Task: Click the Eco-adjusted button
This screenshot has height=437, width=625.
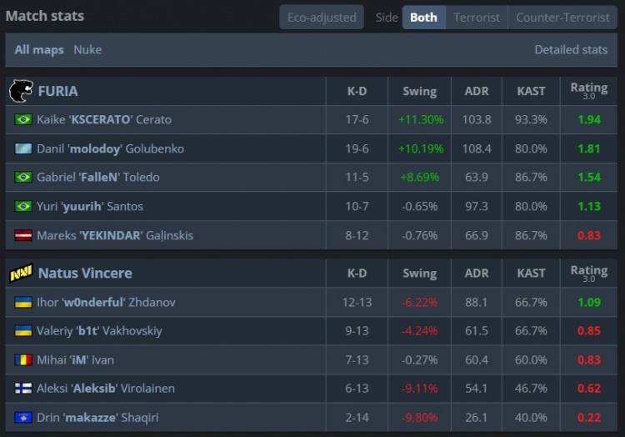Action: (x=321, y=18)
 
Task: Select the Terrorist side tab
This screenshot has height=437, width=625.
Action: (x=477, y=18)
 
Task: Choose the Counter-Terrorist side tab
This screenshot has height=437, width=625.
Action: (x=562, y=18)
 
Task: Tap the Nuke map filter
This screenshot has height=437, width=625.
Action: (x=87, y=50)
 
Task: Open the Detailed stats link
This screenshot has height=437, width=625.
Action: (x=571, y=50)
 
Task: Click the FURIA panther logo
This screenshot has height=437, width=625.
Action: (x=20, y=91)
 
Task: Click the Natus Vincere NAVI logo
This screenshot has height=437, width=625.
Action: (x=20, y=274)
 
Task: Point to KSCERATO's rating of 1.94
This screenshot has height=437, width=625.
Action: (x=588, y=120)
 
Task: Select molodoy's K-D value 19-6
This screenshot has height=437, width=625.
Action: (x=357, y=148)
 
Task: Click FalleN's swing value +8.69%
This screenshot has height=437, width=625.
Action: (x=420, y=178)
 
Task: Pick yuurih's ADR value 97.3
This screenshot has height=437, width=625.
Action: (x=477, y=206)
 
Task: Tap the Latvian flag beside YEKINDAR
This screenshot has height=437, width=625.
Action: (x=23, y=235)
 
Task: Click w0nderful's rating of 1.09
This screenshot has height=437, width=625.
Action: (x=588, y=303)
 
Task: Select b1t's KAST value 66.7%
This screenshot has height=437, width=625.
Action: (x=532, y=331)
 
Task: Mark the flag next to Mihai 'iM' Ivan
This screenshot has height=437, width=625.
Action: (x=23, y=360)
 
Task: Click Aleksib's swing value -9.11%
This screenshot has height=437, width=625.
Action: (x=420, y=389)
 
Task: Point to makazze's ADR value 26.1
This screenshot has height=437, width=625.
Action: (x=477, y=418)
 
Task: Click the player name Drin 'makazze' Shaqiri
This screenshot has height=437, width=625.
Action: (x=97, y=418)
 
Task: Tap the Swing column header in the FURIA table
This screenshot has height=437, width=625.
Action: (x=419, y=91)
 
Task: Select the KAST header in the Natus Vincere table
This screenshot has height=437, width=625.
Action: (x=531, y=274)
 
